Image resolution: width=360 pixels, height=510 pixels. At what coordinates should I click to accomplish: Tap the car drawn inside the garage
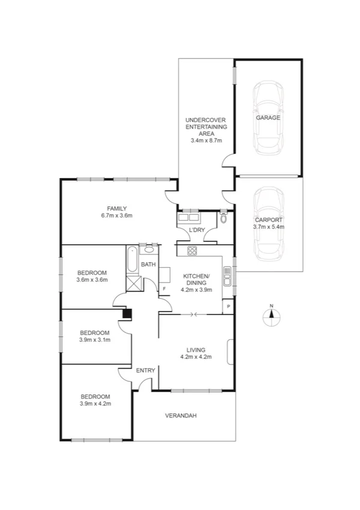coord(268,117)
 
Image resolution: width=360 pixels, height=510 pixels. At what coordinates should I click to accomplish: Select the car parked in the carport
coord(268,224)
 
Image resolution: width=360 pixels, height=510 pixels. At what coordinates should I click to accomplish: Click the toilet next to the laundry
coord(224,218)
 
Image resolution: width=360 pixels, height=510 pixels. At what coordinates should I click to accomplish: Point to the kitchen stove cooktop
coord(192,251)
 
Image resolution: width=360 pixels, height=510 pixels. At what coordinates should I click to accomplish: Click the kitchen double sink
coord(227,275)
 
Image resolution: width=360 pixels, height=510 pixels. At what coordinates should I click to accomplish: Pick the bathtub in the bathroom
coord(132,260)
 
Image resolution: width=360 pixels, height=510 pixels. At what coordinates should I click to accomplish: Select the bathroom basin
coord(148,249)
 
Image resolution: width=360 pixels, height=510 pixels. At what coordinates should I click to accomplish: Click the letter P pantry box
coord(228,307)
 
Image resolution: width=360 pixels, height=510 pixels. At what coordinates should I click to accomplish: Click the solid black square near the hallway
coord(127,313)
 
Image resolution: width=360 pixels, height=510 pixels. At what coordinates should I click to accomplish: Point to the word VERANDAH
coord(182,416)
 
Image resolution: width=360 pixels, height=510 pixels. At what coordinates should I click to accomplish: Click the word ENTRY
coord(145,370)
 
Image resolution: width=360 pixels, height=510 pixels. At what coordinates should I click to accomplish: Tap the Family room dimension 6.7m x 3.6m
coord(117,215)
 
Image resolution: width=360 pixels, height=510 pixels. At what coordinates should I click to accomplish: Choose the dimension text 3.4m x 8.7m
coord(206,141)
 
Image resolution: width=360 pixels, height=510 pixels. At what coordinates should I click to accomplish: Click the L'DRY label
coord(197,231)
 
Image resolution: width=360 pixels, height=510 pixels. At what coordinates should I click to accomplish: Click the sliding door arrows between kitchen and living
coord(192,314)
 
